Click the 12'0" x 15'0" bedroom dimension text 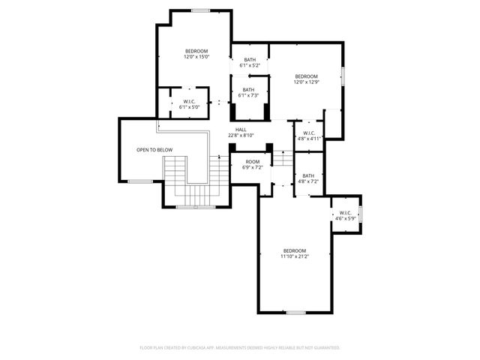click(196, 57)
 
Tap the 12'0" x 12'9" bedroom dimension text click(306, 82)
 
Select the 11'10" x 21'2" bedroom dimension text click(295, 256)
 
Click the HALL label click(241, 130)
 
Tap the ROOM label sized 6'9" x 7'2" click(253, 162)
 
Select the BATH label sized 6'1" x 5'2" click(249, 60)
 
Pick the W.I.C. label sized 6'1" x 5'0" click(189, 101)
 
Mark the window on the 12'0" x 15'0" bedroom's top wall click(200, 10)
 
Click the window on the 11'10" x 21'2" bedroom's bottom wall click(295, 312)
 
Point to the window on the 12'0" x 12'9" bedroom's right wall click(343, 76)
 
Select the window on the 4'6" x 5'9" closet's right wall click(361, 214)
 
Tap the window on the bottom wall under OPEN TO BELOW click(140, 181)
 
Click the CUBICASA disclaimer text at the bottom click(240, 348)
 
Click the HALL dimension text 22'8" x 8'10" click(241, 136)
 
